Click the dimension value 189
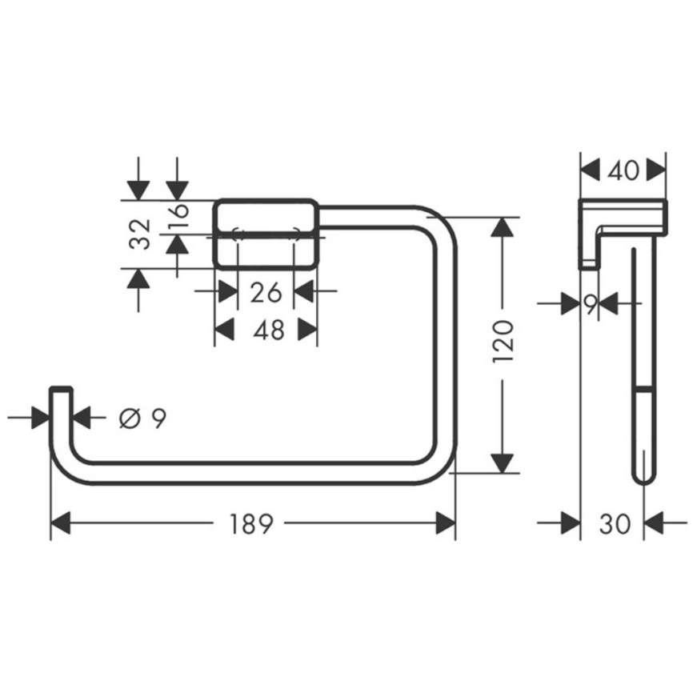coord(252,524)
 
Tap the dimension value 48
coord(267,329)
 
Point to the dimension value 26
coord(266,292)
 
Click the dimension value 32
coord(140,234)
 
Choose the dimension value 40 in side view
coord(623,170)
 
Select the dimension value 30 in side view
coord(615,524)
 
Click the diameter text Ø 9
coord(142,417)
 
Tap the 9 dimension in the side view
coord(590,303)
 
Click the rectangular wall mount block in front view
coord(265,234)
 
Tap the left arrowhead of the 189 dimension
coord(62,524)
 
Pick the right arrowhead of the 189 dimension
coord(445,524)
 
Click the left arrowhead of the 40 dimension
coord(590,170)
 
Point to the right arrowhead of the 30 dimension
coord(655,524)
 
